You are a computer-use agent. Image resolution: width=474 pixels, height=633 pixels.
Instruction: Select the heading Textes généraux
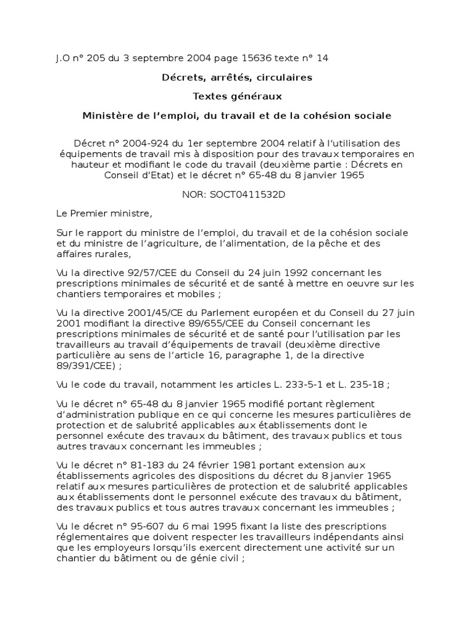(x=237, y=96)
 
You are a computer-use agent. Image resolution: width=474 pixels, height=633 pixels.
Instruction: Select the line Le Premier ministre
(x=103, y=214)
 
